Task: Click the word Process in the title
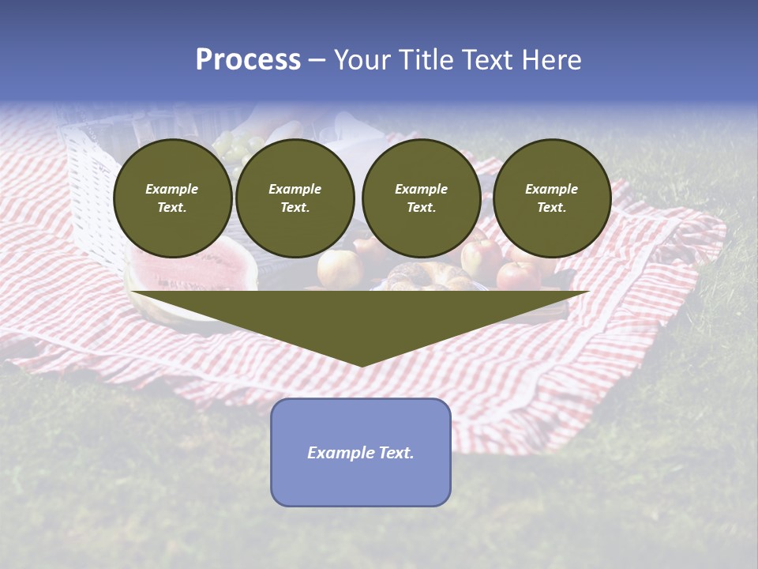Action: pos(248,60)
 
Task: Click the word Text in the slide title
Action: pos(490,60)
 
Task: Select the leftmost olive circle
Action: pos(172,198)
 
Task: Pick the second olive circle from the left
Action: pos(295,198)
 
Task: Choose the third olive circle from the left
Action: pos(421,198)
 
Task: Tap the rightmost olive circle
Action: pos(551,198)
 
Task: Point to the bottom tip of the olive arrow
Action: pos(361,364)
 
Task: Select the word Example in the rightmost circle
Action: pos(551,189)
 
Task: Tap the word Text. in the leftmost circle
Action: pos(172,208)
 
